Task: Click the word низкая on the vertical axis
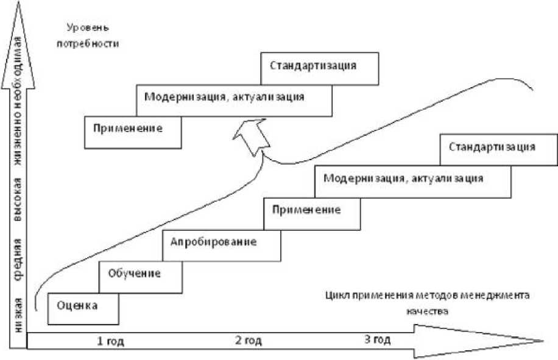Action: pos(19,312)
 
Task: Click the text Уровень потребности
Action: pos(91,36)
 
